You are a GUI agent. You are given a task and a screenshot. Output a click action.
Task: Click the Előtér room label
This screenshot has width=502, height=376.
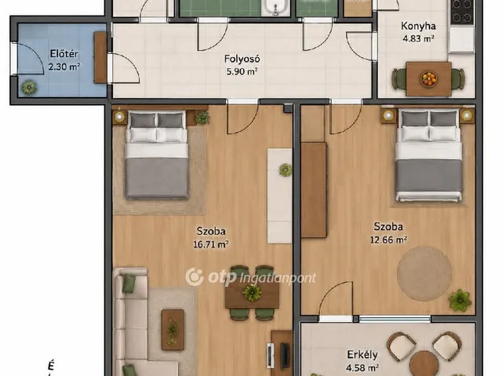pos(64,54)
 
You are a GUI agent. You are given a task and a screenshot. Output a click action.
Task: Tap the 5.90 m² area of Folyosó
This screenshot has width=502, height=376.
pos(242,71)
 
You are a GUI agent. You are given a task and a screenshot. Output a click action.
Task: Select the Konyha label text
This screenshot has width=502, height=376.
pos(418,26)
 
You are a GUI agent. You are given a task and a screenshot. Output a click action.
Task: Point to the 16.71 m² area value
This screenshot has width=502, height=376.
pos(211,244)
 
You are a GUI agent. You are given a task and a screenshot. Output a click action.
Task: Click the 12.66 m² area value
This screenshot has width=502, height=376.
pos(388,240)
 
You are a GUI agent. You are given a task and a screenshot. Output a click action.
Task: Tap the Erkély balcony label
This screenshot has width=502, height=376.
pos(362,355)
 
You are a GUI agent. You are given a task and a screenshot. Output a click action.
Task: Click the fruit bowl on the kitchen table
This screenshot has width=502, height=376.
pos(429,78)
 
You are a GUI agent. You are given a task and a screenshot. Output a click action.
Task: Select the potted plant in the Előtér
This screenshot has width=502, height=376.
pos(29,87)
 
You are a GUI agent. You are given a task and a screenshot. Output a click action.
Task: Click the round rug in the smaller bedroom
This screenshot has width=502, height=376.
pos(424,273)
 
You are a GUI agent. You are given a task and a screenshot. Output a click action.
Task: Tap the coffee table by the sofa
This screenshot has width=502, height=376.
pos(173,329)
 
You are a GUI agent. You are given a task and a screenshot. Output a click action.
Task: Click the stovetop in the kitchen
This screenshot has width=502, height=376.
pos(462,13)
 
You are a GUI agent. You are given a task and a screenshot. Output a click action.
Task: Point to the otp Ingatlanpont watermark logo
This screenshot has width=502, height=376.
pos(251,277)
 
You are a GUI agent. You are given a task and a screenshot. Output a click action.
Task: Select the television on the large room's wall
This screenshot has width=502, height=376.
pos(284,356)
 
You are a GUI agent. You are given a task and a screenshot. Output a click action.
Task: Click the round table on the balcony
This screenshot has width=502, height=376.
pos(424,363)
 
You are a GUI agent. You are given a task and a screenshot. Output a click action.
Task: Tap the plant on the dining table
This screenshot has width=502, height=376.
pos(253,292)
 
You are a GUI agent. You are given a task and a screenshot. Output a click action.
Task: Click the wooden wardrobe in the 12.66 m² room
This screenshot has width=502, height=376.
pos(314,190)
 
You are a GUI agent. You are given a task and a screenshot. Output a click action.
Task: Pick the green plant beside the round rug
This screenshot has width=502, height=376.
pos(460,301)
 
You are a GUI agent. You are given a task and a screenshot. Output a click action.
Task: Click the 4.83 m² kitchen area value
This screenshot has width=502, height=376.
pos(418,39)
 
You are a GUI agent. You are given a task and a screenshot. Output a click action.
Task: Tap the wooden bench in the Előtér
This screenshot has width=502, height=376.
pos(100,57)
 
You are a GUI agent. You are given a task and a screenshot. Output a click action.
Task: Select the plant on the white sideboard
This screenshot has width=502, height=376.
pos(286,170)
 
